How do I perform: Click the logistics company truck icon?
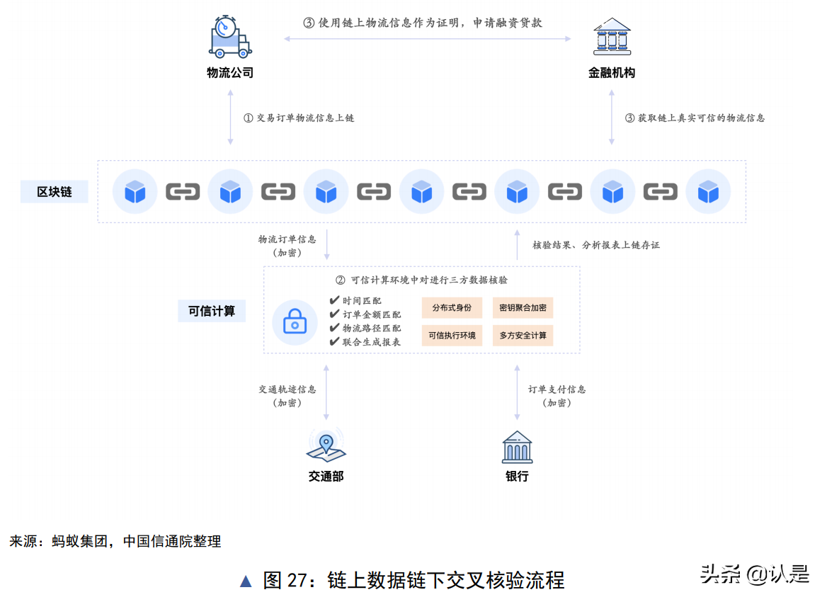pyautogui.click(x=230, y=37)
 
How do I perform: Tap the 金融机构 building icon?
pyautogui.click(x=612, y=37)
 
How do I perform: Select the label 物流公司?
pyautogui.click(x=230, y=72)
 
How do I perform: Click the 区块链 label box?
pyautogui.click(x=55, y=191)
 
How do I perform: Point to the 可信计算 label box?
pyautogui.click(x=212, y=310)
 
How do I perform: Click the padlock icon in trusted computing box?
pyautogui.click(x=295, y=323)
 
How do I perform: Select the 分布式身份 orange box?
pyautogui.click(x=452, y=308)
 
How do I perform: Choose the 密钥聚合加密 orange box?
pyautogui.click(x=523, y=308)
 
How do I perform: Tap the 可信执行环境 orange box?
pyautogui.click(x=452, y=336)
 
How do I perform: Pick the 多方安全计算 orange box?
pyautogui.click(x=523, y=336)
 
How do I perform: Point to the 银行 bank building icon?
pyautogui.click(x=517, y=447)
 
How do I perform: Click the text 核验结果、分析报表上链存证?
pyautogui.click(x=595, y=245)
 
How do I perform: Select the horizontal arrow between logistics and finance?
pyautogui.click(x=427, y=39)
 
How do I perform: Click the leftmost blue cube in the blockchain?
pyautogui.click(x=135, y=191)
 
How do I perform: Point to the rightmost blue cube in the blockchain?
pyautogui.click(x=708, y=191)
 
